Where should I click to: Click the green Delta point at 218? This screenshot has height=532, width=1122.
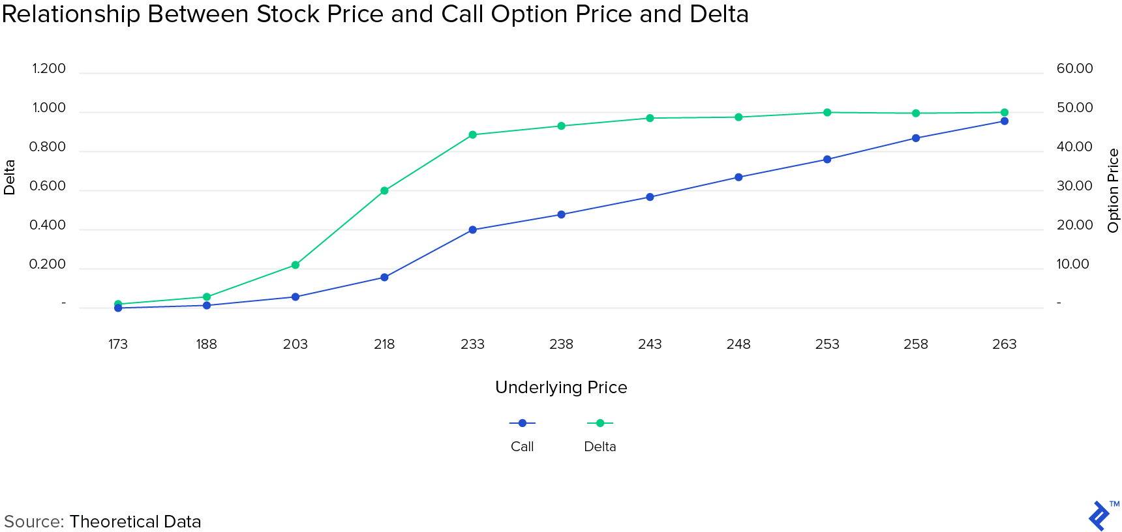tap(384, 191)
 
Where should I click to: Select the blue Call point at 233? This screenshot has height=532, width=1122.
tap(473, 230)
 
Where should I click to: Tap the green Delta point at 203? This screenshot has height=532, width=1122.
tap(296, 265)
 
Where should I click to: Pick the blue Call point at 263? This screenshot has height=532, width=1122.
tap(1005, 121)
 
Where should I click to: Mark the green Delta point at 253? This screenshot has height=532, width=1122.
tap(827, 113)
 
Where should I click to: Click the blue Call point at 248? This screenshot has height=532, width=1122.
tap(738, 177)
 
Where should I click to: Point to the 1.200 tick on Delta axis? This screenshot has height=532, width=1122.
tap(49, 69)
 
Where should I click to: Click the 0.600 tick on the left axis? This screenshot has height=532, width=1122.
tap(48, 186)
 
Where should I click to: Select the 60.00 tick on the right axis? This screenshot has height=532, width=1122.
tap(1074, 69)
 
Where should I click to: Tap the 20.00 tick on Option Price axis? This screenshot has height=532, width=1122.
tap(1074, 226)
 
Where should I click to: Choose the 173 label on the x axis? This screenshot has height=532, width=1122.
tap(118, 344)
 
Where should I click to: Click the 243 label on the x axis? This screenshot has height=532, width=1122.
tap(650, 344)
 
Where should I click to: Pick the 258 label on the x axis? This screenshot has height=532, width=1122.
tap(916, 344)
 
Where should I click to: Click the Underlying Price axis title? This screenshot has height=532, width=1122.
tap(561, 387)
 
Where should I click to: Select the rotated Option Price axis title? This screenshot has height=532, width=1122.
tap(1113, 190)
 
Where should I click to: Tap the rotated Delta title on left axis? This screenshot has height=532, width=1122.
tap(9, 177)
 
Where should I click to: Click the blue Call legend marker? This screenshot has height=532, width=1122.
tap(523, 423)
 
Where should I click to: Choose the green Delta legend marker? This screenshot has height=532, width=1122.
tap(600, 423)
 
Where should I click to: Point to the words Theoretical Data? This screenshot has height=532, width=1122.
tap(135, 522)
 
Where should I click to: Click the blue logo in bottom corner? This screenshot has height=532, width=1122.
tap(1100, 516)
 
